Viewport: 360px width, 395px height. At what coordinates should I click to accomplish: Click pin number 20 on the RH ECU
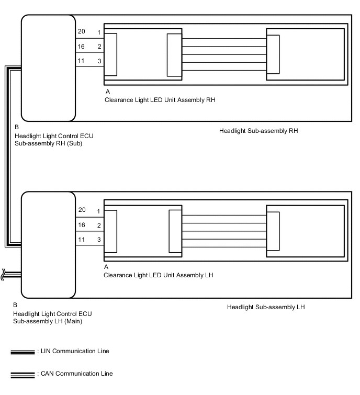pyautogui.click(x=81, y=32)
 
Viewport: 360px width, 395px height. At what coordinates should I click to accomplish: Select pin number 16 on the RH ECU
pyautogui.click(x=81, y=47)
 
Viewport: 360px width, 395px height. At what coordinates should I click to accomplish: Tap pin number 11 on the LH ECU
pyautogui.click(x=81, y=239)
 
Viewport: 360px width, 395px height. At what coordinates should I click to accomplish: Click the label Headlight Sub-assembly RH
pyautogui.click(x=258, y=130)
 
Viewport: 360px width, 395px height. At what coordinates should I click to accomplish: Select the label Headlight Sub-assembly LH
pyautogui.click(x=266, y=307)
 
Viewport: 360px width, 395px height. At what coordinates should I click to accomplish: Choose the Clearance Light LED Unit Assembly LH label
pyautogui.click(x=159, y=275)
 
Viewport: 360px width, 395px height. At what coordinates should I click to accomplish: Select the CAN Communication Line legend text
pyautogui.click(x=75, y=374)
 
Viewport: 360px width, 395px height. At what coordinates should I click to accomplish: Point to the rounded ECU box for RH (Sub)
pyautogui.click(x=48, y=68)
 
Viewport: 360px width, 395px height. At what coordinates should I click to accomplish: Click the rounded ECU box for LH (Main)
pyautogui.click(x=48, y=244)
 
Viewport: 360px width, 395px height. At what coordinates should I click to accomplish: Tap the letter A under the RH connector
pyautogui.click(x=106, y=91)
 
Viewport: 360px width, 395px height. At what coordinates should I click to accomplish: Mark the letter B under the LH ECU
pyautogui.click(x=16, y=304)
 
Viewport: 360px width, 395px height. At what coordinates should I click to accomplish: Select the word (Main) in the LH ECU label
pyautogui.click(x=73, y=321)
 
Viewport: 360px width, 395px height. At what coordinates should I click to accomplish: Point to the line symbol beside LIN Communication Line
pyautogui.click(x=22, y=352)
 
